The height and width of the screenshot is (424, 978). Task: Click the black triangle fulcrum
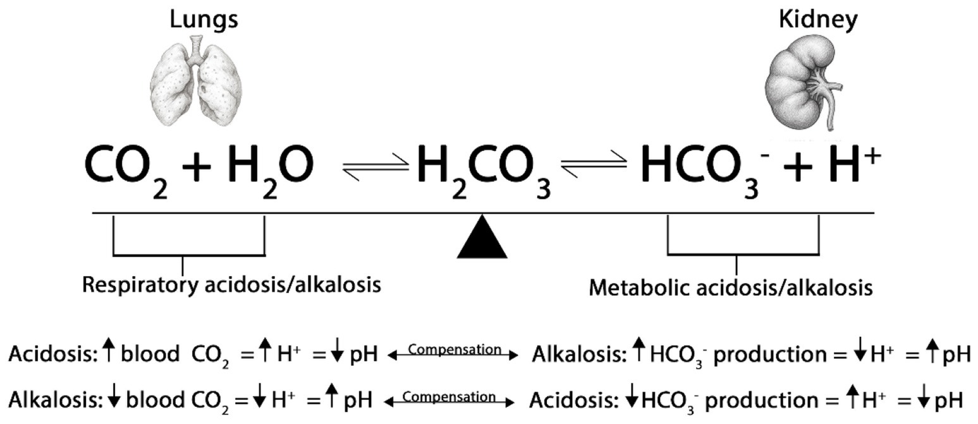click(482, 238)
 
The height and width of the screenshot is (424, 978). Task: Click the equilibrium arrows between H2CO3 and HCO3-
click(594, 167)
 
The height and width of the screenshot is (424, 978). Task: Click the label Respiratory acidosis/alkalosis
click(231, 284)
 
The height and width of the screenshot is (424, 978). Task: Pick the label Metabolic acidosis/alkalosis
click(730, 288)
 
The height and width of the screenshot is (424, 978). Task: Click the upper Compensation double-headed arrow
click(453, 356)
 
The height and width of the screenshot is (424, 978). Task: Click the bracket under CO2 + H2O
click(188, 255)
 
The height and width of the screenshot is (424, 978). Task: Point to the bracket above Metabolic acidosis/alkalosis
click(743, 254)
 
